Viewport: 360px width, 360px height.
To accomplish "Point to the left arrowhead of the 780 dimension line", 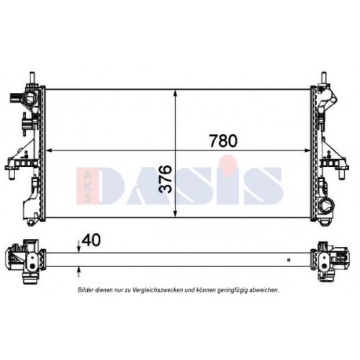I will tap(51, 150).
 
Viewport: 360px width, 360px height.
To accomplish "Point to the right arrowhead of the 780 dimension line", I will tap(309, 150).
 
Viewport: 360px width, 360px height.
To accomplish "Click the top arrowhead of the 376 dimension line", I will tap(175, 91).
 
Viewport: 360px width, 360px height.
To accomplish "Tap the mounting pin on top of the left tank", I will tap(32, 76).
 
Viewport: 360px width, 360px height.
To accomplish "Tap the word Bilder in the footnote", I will tap(89, 289).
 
